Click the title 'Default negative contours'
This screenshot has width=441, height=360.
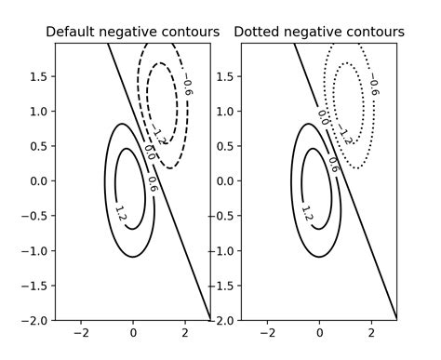pyautogui.click(x=132, y=33)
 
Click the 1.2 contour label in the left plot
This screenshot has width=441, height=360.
pyautogui.click(x=120, y=213)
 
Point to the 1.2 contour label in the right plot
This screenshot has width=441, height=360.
pyautogui.click(x=307, y=213)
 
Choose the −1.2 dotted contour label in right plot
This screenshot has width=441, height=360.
pyautogui.click(x=346, y=135)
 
